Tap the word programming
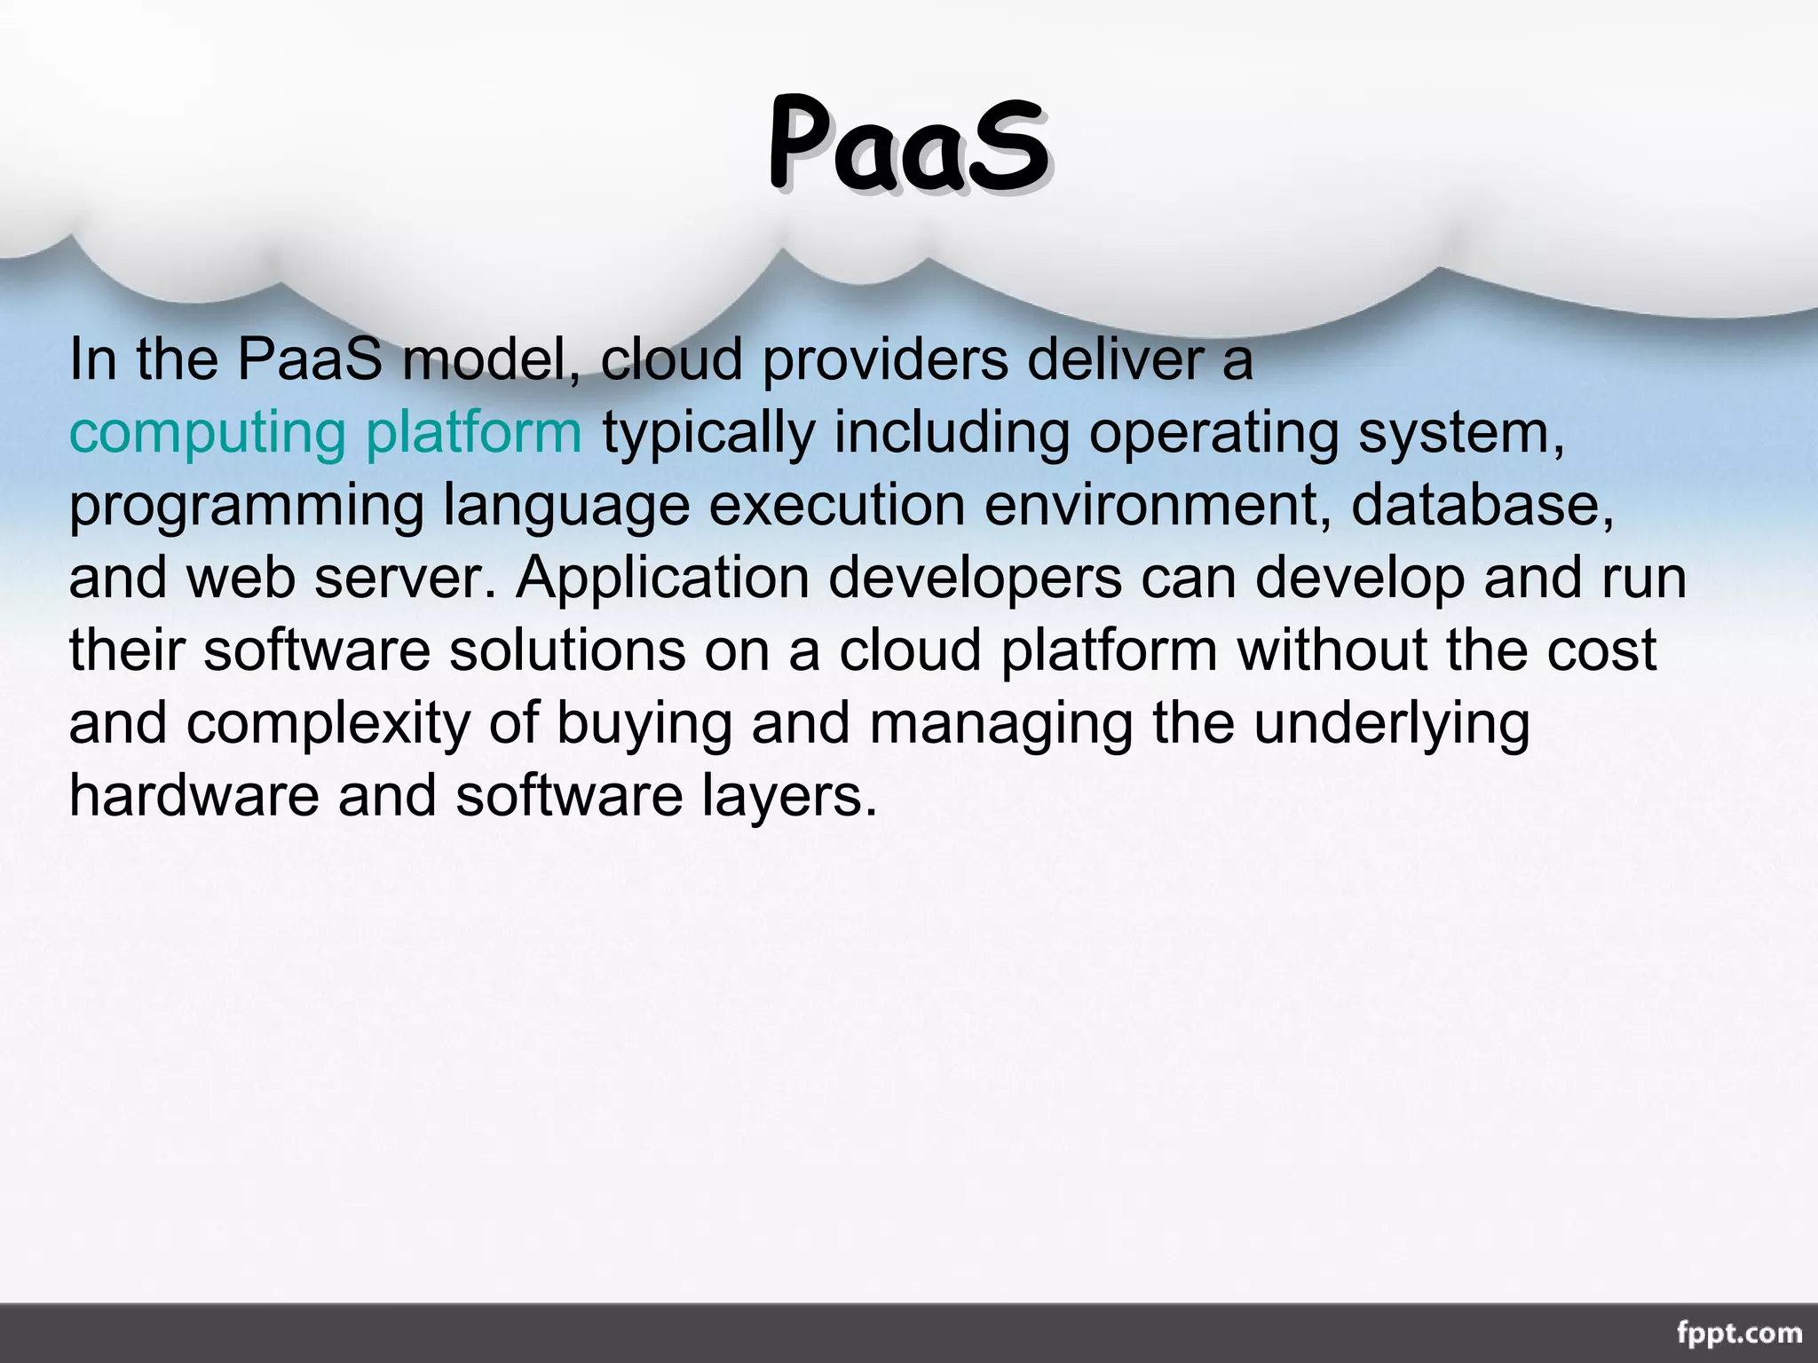pyautogui.click(x=247, y=507)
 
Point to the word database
pyautogui.click(x=1482, y=505)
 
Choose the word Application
pyautogui.click(x=662, y=579)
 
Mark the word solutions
pyautogui.click(x=567, y=650)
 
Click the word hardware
pyautogui.click(x=194, y=796)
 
